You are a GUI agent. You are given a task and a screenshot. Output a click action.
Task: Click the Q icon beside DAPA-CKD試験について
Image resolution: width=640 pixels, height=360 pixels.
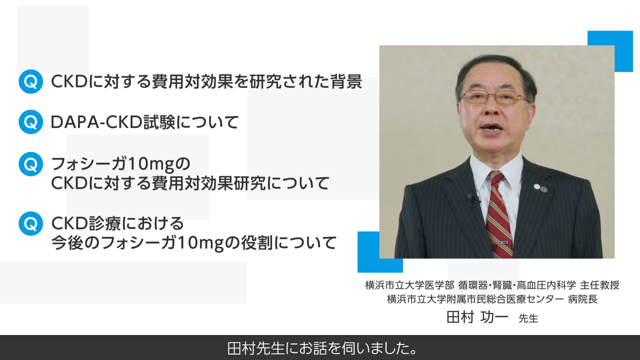30,122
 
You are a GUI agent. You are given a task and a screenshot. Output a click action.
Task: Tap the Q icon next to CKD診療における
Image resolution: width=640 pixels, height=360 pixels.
30,223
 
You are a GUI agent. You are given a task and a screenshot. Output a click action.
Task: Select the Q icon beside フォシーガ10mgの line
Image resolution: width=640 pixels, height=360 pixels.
30,164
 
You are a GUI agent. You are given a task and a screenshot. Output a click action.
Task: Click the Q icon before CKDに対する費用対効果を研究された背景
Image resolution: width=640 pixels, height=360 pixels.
30,82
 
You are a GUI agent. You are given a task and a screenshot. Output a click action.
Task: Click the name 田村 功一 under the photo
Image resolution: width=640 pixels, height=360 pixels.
477,317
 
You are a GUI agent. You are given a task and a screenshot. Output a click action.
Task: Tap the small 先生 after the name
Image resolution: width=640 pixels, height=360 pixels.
528,318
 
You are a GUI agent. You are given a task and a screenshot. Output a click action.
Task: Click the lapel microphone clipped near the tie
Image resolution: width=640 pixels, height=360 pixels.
471,199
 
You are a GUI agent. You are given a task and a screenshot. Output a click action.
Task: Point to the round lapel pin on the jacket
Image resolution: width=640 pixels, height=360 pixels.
537,187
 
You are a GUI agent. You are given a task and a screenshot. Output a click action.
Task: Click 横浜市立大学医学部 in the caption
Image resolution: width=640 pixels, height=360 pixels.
409,285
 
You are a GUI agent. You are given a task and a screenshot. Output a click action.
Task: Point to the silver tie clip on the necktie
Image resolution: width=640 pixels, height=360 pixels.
500,243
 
